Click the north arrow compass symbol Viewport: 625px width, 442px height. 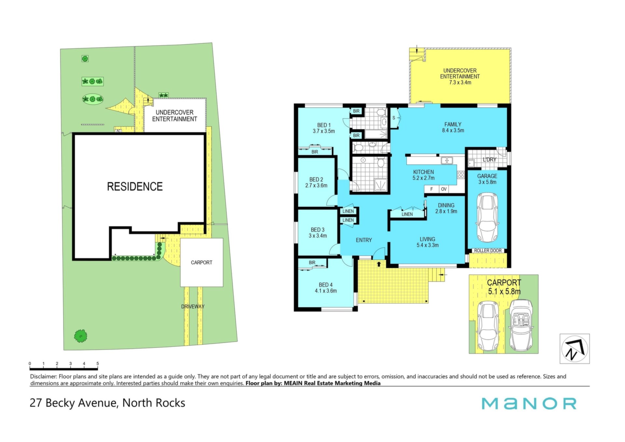[x=575, y=349]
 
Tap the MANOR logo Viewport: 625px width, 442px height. [x=529, y=404]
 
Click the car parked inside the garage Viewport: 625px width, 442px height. [x=487, y=217]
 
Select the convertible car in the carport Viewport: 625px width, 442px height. [x=521, y=326]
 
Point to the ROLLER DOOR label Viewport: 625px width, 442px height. [x=488, y=250]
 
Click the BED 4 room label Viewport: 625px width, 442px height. [x=326, y=288]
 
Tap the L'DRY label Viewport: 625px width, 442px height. [x=490, y=160]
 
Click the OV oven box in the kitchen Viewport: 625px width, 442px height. [x=444, y=189]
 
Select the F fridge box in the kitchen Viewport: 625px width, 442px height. [x=432, y=189]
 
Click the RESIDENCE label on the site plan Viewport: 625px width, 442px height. [x=135, y=187]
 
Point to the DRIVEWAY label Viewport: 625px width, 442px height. [x=193, y=307]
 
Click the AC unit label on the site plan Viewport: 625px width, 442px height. [x=118, y=131]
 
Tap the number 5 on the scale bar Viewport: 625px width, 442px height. [x=98, y=364]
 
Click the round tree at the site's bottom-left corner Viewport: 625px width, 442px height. [x=80, y=336]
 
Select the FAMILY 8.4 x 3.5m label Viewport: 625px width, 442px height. [x=453, y=127]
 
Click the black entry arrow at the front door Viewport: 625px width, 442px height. [x=379, y=264]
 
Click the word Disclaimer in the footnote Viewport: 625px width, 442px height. [x=44, y=377]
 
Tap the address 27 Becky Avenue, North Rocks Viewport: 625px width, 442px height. [x=107, y=403]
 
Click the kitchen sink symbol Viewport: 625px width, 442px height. [x=447, y=160]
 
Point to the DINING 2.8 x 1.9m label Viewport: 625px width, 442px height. [x=446, y=208]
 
